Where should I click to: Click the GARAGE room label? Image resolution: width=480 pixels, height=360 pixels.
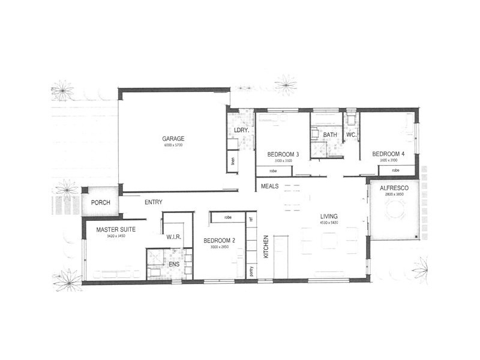(x=173, y=138)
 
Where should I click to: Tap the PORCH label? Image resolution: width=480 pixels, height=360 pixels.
(x=101, y=202)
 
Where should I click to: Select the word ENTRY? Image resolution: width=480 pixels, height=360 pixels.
(x=154, y=202)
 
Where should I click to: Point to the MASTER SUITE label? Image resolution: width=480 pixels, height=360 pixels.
(x=116, y=229)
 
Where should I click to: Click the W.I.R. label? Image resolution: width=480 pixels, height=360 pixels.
(x=174, y=237)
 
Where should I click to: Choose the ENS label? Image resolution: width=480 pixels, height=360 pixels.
(x=174, y=265)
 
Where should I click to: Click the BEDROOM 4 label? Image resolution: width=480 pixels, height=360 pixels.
(x=388, y=154)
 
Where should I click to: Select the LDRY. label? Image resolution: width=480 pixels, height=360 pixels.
(x=241, y=130)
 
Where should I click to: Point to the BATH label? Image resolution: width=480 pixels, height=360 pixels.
(x=329, y=135)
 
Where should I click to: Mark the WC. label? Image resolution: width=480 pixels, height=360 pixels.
(x=352, y=135)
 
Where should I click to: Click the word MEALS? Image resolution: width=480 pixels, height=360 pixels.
(x=269, y=187)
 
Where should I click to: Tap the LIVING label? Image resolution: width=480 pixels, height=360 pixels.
(x=329, y=217)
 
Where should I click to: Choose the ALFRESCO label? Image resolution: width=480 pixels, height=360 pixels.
(x=393, y=188)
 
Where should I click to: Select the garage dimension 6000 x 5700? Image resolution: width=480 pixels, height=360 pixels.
(x=173, y=146)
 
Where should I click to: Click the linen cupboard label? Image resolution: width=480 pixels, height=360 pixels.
(x=232, y=160)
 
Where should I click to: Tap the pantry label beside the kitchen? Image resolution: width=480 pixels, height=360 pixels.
(x=251, y=271)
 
